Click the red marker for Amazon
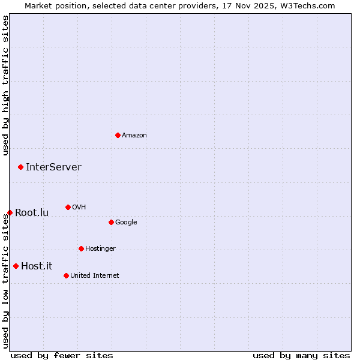[118, 135]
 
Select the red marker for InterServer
[20, 167]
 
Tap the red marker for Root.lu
[10, 212]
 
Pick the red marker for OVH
[68, 207]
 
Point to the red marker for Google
[111, 222]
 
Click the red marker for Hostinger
[81, 248]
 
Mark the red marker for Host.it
[16, 266]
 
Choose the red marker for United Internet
[66, 275]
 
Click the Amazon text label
[134, 136]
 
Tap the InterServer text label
[53, 167]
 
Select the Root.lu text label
[32, 213]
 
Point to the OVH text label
[79, 208]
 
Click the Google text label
[126, 223]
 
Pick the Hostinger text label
[100, 249]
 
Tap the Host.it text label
[37, 266]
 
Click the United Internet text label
[94, 276]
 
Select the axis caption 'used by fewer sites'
[62, 355]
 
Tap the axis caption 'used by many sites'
[301, 355]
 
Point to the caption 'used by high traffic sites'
[5, 85]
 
